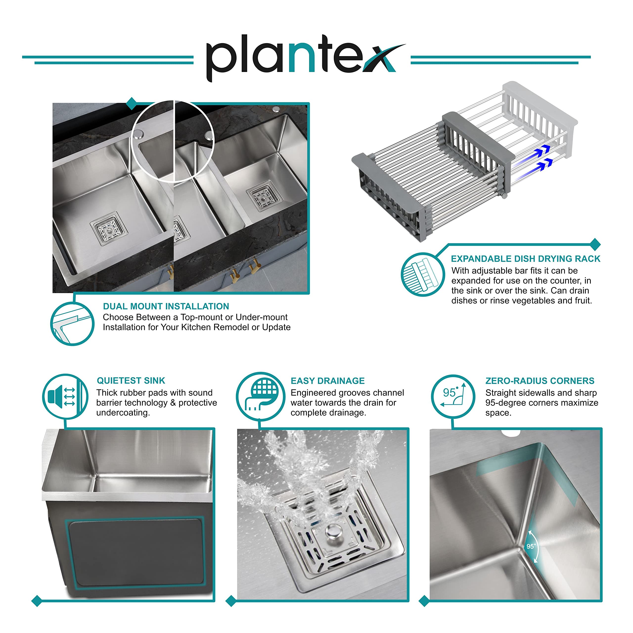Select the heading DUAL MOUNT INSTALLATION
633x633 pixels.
click(x=166, y=306)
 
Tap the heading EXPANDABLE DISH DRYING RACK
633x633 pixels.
click(x=525, y=259)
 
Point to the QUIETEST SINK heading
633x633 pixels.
click(x=131, y=381)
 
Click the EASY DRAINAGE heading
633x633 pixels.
click(x=328, y=381)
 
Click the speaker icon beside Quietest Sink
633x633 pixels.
click(x=65, y=396)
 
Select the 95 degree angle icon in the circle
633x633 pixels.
click(x=453, y=396)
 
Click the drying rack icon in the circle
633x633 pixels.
click(x=423, y=274)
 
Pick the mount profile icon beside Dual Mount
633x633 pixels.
click(x=72, y=324)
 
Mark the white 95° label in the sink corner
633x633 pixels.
click(x=531, y=546)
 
